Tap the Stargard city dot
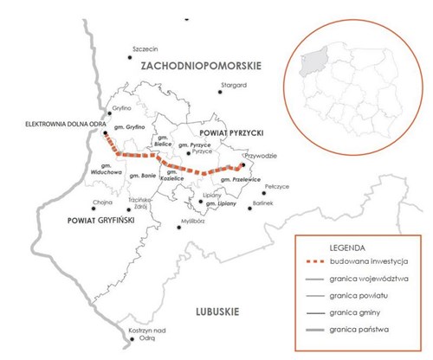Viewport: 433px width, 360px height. [x=220, y=93]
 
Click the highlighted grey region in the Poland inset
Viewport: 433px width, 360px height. [x=311, y=66]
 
